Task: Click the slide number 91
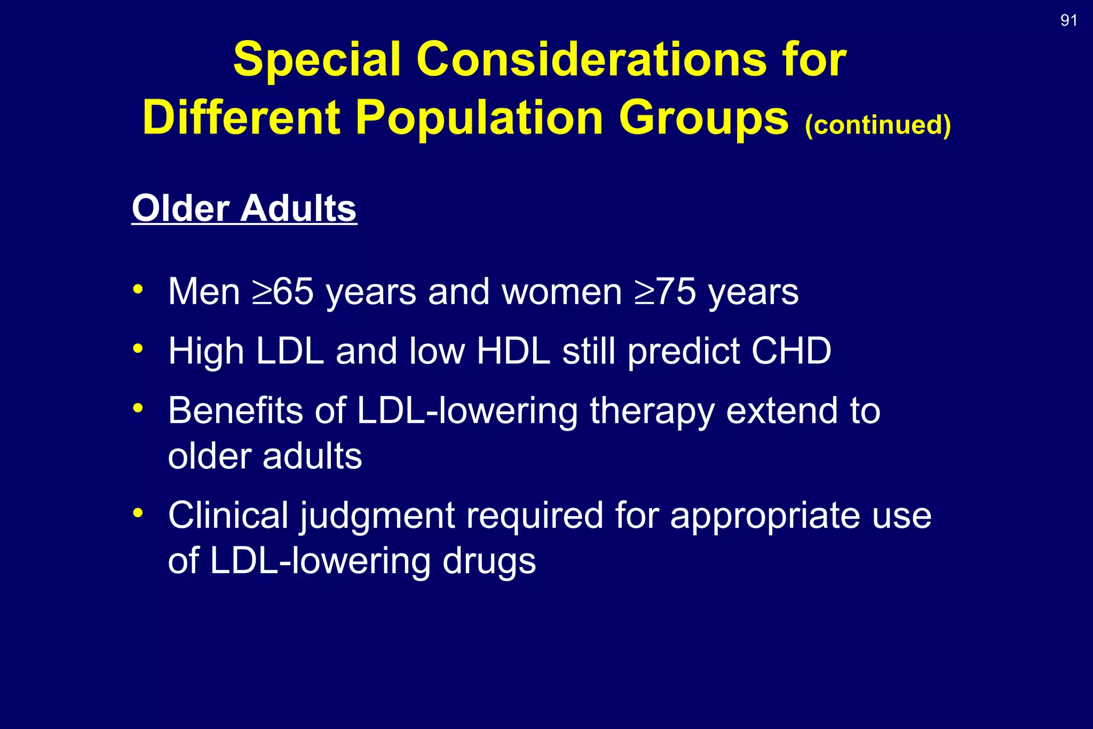pyautogui.click(x=1068, y=20)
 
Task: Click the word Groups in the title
pyautogui.click(x=703, y=118)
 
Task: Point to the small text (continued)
pyautogui.click(x=877, y=125)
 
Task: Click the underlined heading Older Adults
pyautogui.click(x=244, y=208)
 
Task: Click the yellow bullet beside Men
pyautogui.click(x=138, y=289)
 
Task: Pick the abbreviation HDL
pyautogui.click(x=513, y=351)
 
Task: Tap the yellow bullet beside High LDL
pyautogui.click(x=138, y=348)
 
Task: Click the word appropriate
pyautogui.click(x=765, y=517)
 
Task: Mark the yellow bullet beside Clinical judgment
pyautogui.click(x=138, y=513)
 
